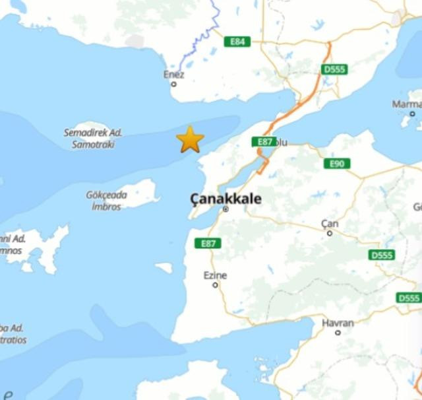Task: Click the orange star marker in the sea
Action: (191, 139)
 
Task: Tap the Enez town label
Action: (174, 75)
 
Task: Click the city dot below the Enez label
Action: (174, 84)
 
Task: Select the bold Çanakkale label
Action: (226, 198)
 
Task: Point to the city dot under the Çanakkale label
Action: (226, 209)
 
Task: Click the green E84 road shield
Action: (237, 42)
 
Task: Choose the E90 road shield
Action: (337, 164)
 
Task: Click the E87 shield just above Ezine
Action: (208, 244)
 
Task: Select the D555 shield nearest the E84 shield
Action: (335, 69)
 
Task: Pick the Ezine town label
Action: (215, 275)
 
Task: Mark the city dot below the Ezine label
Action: (215, 285)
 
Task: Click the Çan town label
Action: (330, 224)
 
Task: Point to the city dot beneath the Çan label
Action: (330, 233)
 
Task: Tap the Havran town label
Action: (338, 323)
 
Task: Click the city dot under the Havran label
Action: (338, 333)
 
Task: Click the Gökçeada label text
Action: (106, 195)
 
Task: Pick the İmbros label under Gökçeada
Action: (106, 207)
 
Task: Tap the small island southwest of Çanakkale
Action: (164, 267)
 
